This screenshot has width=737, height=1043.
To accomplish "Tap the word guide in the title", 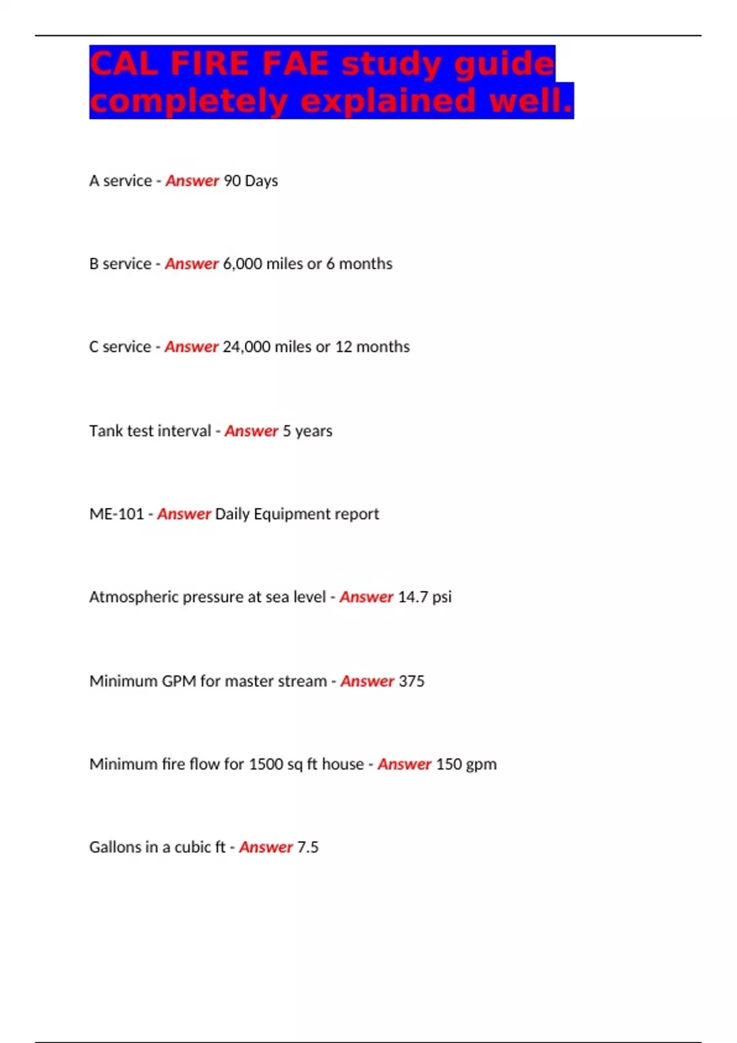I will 504,64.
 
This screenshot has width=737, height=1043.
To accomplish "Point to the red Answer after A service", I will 192,181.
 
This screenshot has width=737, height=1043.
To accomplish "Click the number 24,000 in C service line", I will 246,347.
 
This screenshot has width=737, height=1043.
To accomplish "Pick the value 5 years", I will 307,431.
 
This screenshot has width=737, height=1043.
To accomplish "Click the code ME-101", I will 116,514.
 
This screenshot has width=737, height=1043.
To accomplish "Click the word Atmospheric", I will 133,597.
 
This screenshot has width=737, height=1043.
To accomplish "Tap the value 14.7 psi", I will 424,597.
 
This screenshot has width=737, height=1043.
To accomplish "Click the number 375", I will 411,681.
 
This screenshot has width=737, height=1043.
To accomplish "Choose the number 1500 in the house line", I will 265,764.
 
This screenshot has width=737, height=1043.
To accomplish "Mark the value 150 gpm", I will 466,764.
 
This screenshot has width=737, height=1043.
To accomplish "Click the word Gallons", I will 115,847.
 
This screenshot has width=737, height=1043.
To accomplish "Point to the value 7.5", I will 308,847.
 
